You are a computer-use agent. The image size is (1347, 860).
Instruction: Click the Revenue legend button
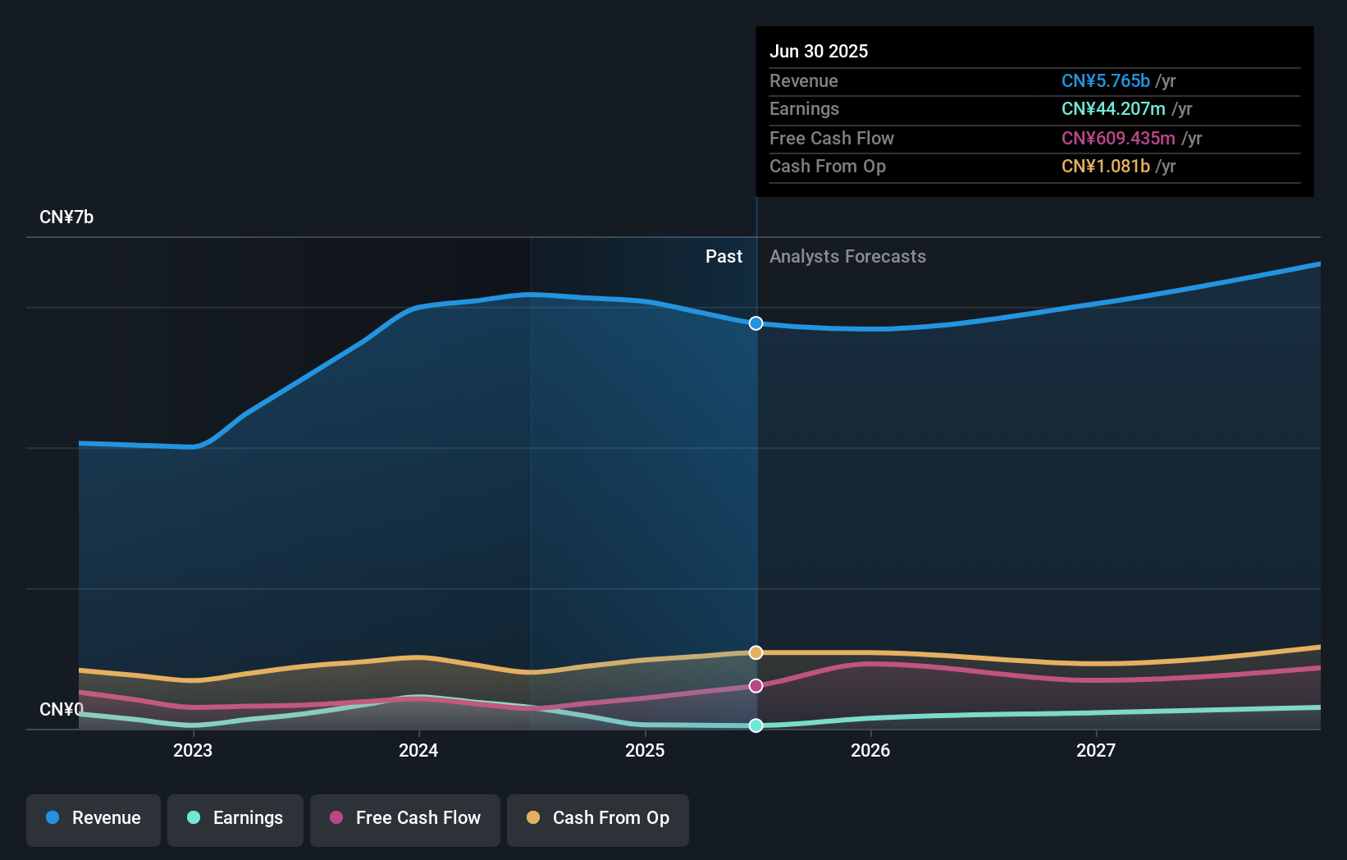(x=94, y=819)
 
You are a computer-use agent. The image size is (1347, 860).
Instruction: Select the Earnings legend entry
(x=235, y=819)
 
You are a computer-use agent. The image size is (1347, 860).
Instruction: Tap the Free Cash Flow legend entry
(x=405, y=819)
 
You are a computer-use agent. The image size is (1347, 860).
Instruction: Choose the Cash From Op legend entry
(x=598, y=819)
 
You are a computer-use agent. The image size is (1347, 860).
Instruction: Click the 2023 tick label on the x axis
(x=193, y=750)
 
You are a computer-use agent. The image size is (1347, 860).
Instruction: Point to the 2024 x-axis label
(x=418, y=750)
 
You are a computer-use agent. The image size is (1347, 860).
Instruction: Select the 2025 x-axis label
(x=645, y=750)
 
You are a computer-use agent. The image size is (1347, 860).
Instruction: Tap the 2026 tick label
(x=870, y=750)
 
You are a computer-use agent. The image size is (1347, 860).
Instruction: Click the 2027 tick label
(x=1096, y=750)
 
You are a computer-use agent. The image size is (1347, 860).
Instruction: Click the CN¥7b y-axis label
(x=66, y=217)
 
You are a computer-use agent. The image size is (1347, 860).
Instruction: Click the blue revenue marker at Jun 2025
(x=756, y=323)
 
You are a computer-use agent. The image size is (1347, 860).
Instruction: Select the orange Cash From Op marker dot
(x=756, y=652)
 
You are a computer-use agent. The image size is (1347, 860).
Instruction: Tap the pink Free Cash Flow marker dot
(x=756, y=685)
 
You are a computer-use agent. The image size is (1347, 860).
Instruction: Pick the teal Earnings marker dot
(x=756, y=725)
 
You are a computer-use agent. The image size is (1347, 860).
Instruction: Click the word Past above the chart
(x=724, y=257)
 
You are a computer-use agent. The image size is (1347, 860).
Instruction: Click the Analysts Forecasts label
(x=847, y=257)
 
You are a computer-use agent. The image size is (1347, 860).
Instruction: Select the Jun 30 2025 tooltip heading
(x=818, y=52)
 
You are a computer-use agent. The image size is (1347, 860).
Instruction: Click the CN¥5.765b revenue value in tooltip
(x=1105, y=81)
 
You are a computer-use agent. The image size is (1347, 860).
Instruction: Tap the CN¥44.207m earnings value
(x=1112, y=109)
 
